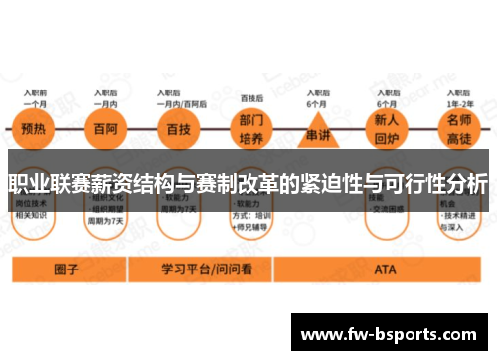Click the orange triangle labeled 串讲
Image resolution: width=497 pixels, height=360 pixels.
(316, 132)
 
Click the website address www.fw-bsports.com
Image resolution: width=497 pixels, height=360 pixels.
(389, 335)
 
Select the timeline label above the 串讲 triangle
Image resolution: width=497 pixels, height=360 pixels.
(316, 98)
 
